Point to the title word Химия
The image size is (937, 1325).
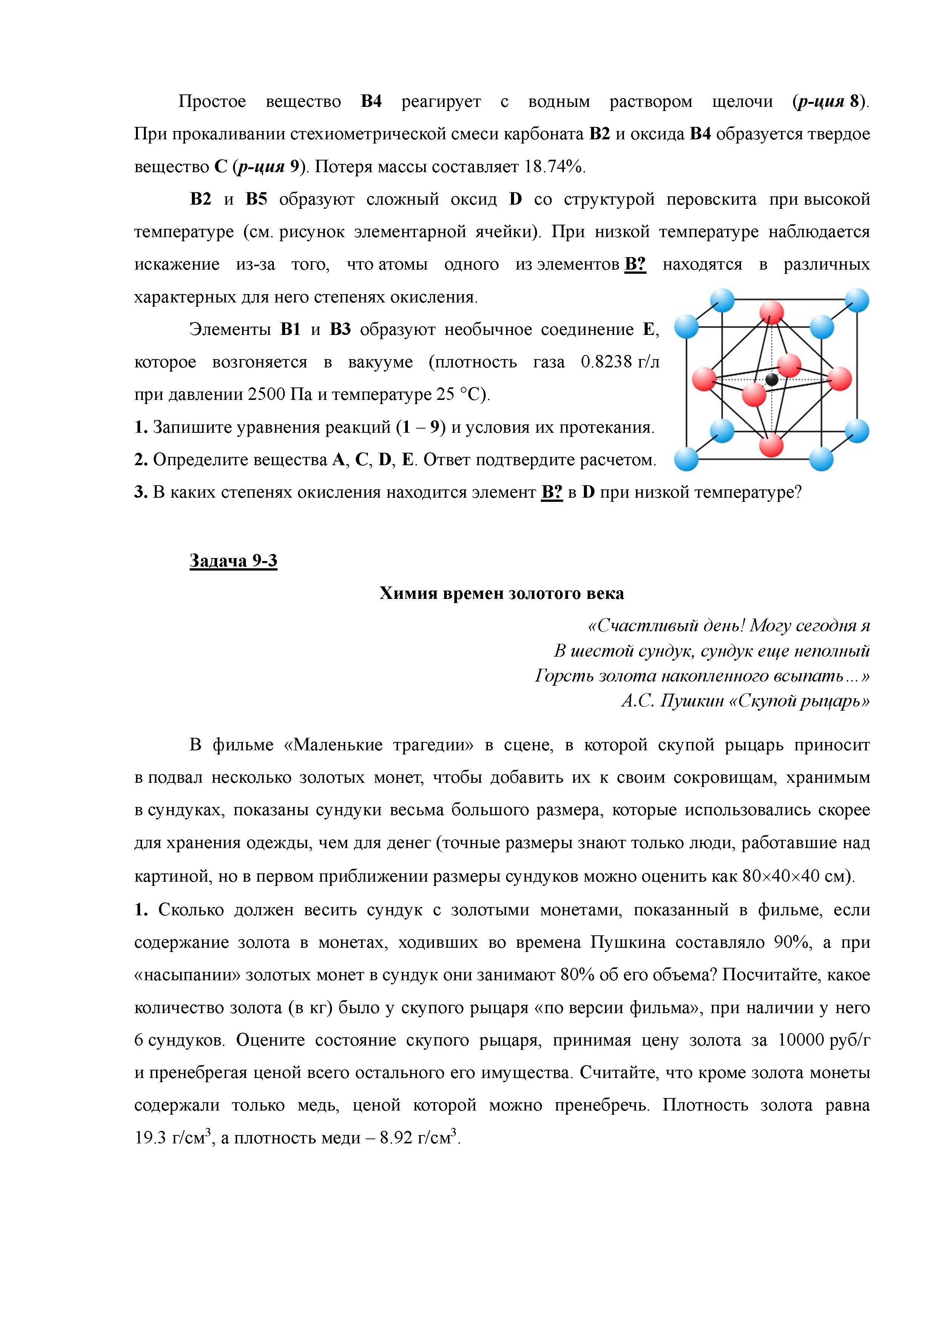[x=408, y=593]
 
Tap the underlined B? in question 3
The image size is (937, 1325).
[x=551, y=492]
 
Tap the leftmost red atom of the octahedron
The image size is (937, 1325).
[x=704, y=379]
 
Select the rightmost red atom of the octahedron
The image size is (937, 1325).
[x=840, y=379]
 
